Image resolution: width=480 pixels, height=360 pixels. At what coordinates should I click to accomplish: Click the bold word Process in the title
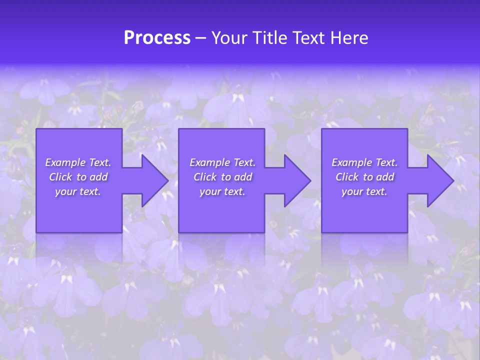point(157,38)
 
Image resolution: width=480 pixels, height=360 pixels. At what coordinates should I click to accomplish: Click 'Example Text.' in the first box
point(78,162)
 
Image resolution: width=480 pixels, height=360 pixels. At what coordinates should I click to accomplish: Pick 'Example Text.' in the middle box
point(222,162)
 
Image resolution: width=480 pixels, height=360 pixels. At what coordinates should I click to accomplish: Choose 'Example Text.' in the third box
point(364,162)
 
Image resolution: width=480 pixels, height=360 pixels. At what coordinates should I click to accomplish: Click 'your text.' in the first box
point(78,191)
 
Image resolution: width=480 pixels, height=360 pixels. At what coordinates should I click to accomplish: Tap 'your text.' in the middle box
point(222,191)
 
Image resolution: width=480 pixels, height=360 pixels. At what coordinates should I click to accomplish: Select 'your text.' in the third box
point(364,191)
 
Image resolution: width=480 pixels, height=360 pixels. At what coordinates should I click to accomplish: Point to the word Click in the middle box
point(205,177)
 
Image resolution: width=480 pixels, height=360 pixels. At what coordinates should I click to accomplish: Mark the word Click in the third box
point(347,177)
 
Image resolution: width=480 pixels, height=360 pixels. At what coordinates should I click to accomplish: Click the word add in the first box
point(99,177)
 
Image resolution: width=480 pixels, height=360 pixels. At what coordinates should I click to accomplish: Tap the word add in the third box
point(385,177)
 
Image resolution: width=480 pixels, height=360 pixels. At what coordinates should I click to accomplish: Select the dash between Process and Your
point(201,38)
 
